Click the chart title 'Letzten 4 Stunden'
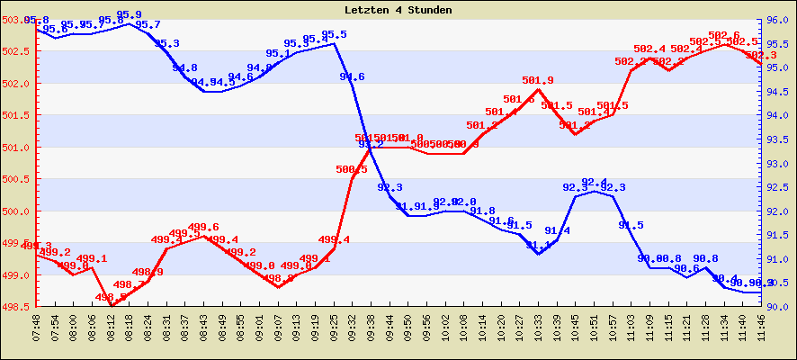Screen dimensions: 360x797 coord(398,10)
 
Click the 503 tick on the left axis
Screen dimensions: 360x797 coord(17,20)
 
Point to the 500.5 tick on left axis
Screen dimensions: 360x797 coord(17,180)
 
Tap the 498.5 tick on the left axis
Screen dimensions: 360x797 coord(17,307)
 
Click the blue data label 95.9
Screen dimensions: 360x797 coord(130,15)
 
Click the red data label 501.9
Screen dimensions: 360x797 coord(537,80)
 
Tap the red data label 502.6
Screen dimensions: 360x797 coord(723,36)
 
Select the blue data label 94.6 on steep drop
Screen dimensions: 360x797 coord(352,77)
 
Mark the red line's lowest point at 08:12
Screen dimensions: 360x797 coord(112,306)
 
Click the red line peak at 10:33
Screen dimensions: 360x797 coord(537,89)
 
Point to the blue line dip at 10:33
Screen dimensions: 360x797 coord(538,254)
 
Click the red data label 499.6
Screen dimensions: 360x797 coord(204,228)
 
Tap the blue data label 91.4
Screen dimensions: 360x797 coord(557,231)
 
